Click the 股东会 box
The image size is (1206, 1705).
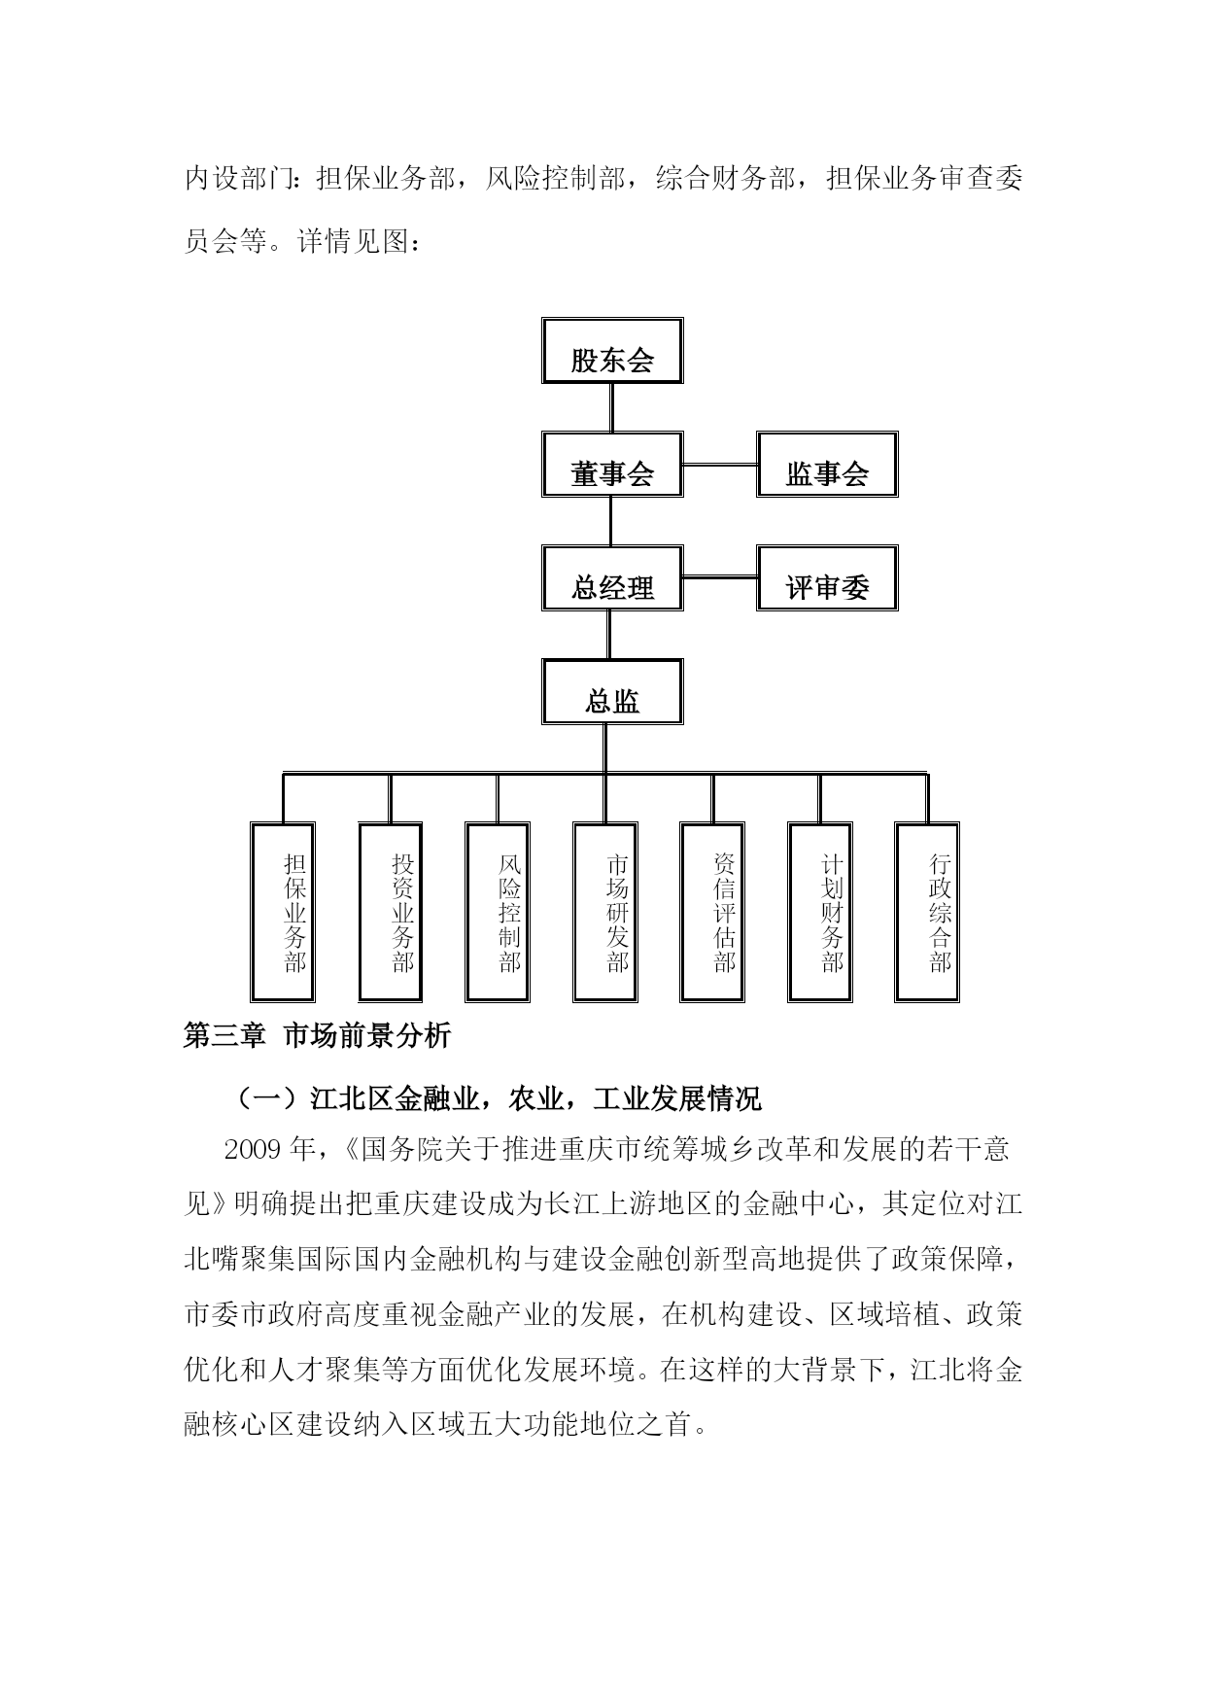(x=612, y=350)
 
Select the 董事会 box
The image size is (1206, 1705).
(x=612, y=465)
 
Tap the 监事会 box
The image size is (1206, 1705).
(x=827, y=465)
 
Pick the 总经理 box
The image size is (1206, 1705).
(x=612, y=577)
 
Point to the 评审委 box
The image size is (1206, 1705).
(x=827, y=577)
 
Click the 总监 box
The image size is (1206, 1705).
(x=612, y=691)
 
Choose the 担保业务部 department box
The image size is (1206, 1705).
(x=283, y=912)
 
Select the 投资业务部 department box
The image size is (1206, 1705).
(x=390, y=912)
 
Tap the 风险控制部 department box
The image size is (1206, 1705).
(x=498, y=912)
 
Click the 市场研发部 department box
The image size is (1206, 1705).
(x=605, y=912)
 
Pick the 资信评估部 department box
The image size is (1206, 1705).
(x=712, y=912)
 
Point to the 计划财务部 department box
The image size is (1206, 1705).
(x=820, y=912)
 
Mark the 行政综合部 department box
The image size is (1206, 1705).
(x=927, y=912)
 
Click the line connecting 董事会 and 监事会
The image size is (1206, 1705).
(x=720, y=465)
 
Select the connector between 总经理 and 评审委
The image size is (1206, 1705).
(x=720, y=578)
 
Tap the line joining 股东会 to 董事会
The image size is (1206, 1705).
(x=612, y=408)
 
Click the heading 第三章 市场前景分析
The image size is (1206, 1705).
(x=318, y=1036)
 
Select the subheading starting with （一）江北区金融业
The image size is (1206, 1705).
(x=498, y=1099)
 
